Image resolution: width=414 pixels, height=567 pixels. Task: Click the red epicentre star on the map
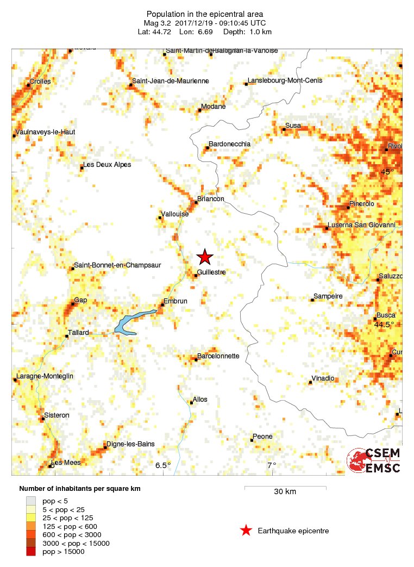pos(204,257)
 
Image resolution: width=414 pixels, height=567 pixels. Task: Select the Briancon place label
pos(211,199)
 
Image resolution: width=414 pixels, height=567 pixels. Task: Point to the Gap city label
pos(80,300)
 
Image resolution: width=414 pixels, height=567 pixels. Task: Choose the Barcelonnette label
pos(218,356)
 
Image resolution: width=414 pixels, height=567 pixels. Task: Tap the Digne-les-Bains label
pos(130,444)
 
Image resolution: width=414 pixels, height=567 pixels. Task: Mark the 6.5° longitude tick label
pos(163,465)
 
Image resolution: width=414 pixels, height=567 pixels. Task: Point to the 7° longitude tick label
pos(271,465)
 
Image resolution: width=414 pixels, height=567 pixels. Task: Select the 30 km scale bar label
pos(285,492)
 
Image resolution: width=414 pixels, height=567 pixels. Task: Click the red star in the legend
pos(246,531)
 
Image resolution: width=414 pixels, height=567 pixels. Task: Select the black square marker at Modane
pos(199,110)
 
